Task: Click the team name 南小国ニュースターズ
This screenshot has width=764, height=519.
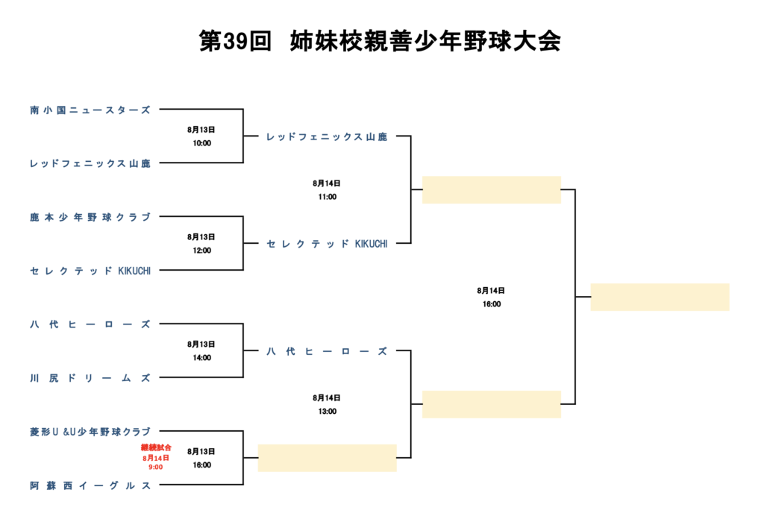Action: pyautogui.click(x=90, y=110)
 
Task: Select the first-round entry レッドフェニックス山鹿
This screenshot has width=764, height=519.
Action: pyautogui.click(x=90, y=163)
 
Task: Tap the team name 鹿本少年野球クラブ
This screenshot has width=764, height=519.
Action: pyautogui.click(x=90, y=217)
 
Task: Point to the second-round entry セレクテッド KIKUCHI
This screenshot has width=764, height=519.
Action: pyautogui.click(x=327, y=244)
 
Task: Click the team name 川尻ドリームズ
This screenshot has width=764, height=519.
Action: pyautogui.click(x=90, y=378)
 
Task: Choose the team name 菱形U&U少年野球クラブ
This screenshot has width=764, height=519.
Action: pyautogui.click(x=90, y=432)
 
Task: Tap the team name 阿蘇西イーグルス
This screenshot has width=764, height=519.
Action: pyautogui.click(x=90, y=485)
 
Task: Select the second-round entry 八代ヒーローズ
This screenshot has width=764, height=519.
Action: pyautogui.click(x=327, y=351)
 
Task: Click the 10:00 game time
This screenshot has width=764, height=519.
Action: pyautogui.click(x=201, y=143)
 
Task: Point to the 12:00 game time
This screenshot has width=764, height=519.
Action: pyautogui.click(x=201, y=251)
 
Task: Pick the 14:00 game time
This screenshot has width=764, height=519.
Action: pyautogui.click(x=201, y=358)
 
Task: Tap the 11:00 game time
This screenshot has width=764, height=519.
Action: pyautogui.click(x=327, y=197)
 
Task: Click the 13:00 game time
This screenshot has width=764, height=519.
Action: pyautogui.click(x=327, y=412)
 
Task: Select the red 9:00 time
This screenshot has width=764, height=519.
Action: pyautogui.click(x=156, y=467)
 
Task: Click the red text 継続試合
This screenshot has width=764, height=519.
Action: pyautogui.click(x=156, y=447)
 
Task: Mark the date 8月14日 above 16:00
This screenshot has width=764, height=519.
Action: pyautogui.click(x=491, y=290)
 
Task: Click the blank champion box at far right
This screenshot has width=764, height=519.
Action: pyautogui.click(x=660, y=297)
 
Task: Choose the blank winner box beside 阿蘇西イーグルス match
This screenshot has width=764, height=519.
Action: pyautogui.click(x=327, y=458)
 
